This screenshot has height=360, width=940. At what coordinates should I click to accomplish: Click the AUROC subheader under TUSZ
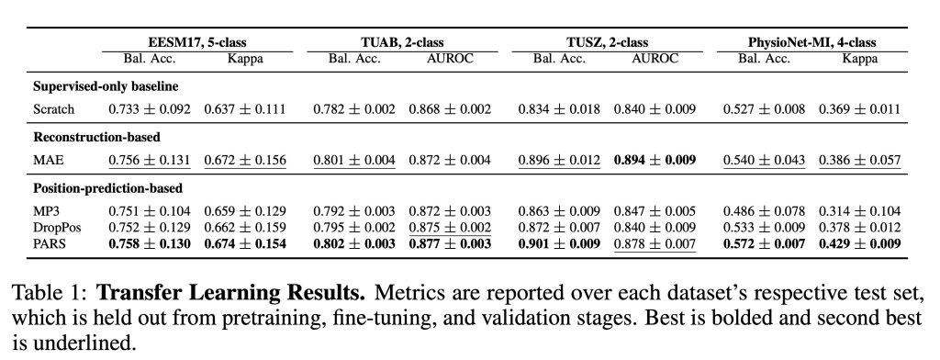point(655,59)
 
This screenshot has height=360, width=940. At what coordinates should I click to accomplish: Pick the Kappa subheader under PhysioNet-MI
point(860,59)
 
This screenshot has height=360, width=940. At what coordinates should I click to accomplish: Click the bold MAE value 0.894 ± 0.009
point(655,160)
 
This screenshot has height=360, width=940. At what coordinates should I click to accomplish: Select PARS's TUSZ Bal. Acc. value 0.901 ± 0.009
point(554,243)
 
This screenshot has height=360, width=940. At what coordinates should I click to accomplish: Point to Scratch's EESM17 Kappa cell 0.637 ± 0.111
point(244,109)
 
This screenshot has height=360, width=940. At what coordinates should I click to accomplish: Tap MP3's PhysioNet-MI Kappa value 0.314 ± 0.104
point(861,211)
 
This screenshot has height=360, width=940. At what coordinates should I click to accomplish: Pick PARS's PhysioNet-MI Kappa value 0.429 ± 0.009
point(861,243)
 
